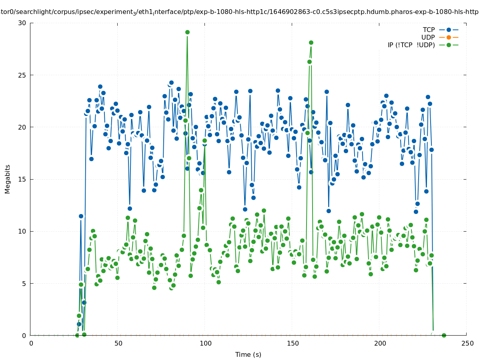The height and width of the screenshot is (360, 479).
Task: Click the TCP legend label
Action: [x=429, y=30]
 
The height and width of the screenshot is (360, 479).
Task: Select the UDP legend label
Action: [x=428, y=37]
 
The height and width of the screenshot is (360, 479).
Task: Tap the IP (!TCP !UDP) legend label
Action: [x=411, y=45]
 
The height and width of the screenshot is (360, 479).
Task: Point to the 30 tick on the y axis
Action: [x=22, y=23]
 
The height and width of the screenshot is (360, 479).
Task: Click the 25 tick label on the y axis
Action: [x=22, y=75]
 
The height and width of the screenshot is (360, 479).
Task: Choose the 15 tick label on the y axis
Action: [x=22, y=179]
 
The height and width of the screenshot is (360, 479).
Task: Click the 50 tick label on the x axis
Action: [x=118, y=343]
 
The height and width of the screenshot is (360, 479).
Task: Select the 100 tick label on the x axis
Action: [x=205, y=343]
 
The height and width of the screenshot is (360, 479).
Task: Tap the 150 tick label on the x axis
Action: [x=292, y=343]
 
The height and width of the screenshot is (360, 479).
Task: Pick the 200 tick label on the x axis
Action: [x=379, y=343]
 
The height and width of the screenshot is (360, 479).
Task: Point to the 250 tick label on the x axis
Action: [x=466, y=343]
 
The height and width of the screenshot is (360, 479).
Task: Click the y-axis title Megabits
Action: [x=8, y=179]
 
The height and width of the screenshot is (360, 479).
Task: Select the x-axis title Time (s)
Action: [x=248, y=354]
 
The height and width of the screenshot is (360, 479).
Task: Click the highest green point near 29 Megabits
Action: [x=187, y=32]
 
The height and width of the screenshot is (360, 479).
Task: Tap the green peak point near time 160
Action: [x=311, y=42]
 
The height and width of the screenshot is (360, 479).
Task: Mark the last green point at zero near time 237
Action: [x=444, y=335]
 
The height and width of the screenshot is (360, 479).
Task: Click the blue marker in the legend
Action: [x=449, y=30]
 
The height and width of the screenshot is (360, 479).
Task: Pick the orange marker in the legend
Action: [x=449, y=37]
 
